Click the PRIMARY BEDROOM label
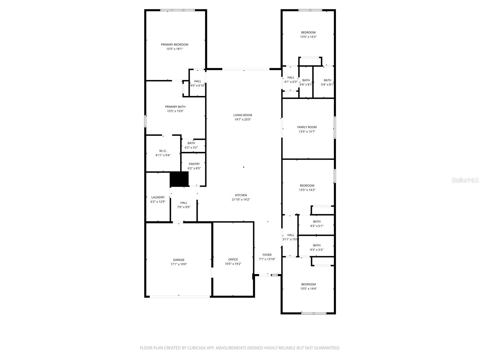[x=175, y=45]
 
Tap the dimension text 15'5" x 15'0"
[x=175, y=111]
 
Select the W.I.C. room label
[x=163, y=151]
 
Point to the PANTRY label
[x=194, y=164]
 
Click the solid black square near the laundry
[x=179, y=179]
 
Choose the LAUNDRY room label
[x=158, y=197]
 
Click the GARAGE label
[x=179, y=260]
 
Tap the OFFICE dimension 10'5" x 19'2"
[x=233, y=264]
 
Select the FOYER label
[x=267, y=255]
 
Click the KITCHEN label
[x=241, y=195]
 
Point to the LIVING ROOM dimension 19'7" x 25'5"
[x=243, y=119]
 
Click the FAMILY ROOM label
[x=307, y=127]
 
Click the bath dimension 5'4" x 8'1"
[x=327, y=85]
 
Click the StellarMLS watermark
[x=465, y=180]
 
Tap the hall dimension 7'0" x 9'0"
[x=184, y=207]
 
